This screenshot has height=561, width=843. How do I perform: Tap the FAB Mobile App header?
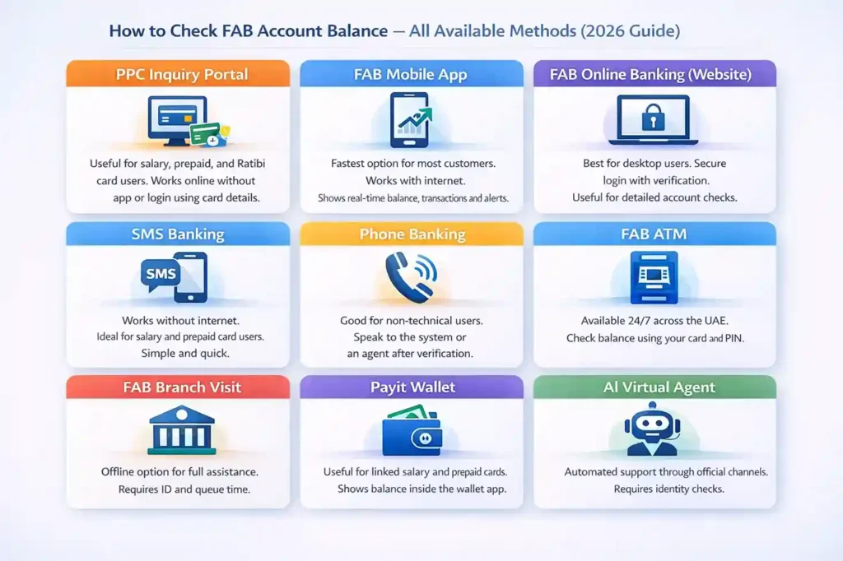pyautogui.click(x=411, y=75)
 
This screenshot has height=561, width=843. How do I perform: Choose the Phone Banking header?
pyautogui.click(x=411, y=234)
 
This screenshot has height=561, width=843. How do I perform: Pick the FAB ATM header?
pyautogui.click(x=654, y=234)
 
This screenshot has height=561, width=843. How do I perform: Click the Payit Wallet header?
pyautogui.click(x=411, y=387)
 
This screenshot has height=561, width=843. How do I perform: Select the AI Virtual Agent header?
pyautogui.click(x=654, y=387)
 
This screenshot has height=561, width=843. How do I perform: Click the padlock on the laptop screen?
pyautogui.click(x=654, y=116)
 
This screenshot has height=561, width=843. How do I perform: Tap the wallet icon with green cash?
pyautogui.click(x=412, y=431)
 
